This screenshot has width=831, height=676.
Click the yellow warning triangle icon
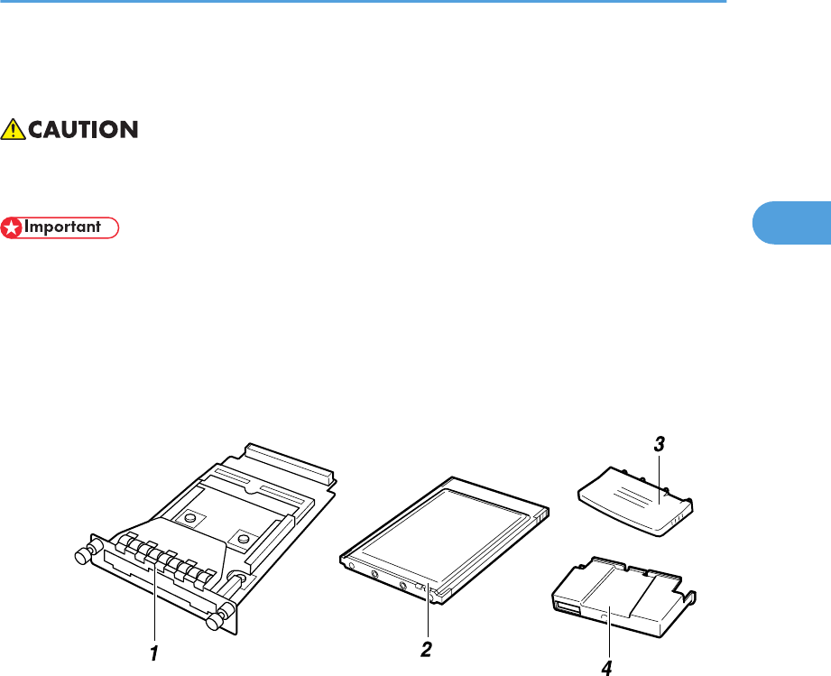point(14,130)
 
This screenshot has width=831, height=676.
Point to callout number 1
point(154,650)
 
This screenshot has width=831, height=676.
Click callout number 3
point(660,444)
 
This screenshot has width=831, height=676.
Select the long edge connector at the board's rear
point(290,459)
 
